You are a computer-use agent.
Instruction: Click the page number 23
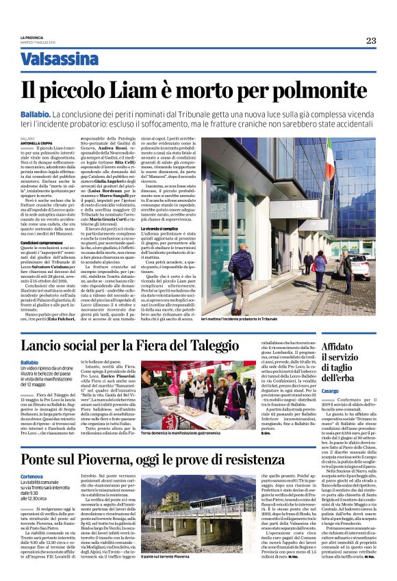point(370,41)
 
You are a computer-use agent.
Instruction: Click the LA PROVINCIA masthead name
point(33,38)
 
